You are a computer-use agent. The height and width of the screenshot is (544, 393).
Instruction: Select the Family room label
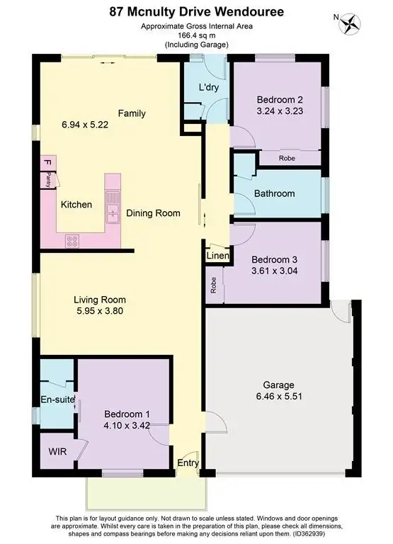[x=132, y=113]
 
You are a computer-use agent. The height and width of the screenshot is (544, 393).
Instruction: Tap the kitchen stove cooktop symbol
[x=72, y=240]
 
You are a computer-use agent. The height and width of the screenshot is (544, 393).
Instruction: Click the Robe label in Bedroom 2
[x=287, y=158]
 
